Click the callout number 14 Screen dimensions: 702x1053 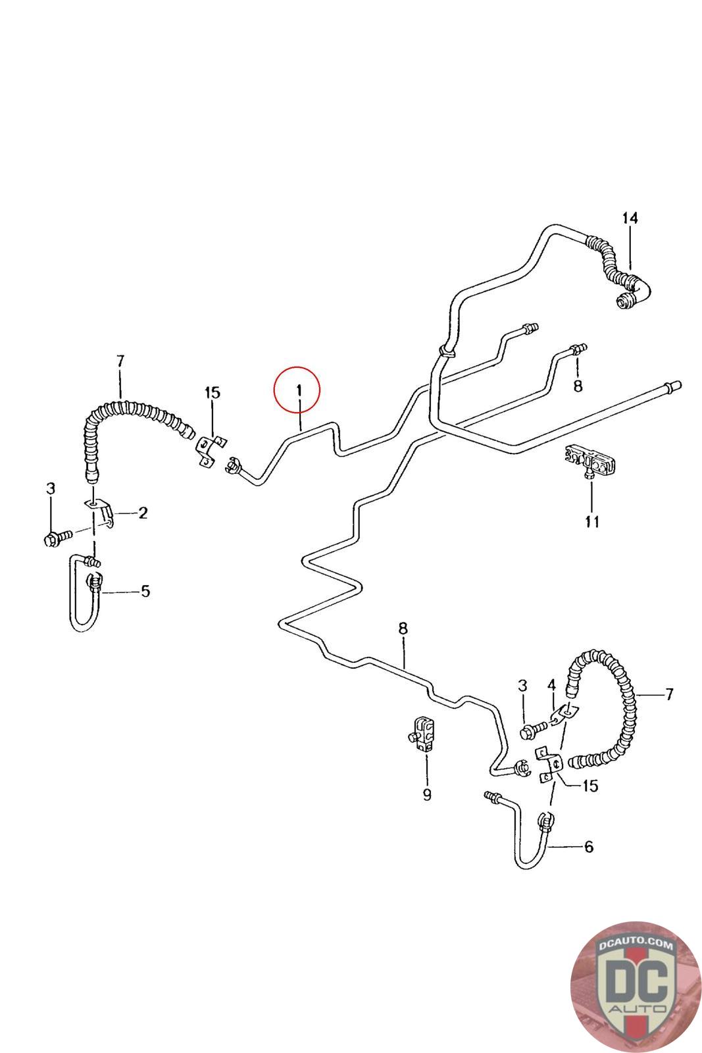tap(630, 218)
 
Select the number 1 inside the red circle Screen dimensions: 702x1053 tap(299, 390)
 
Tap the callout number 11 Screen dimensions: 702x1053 tap(591, 522)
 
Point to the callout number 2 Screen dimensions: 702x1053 tap(143, 513)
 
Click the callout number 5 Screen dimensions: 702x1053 tap(145, 592)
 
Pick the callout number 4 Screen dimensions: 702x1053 tap(551, 687)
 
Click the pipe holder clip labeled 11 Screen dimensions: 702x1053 tap(590, 461)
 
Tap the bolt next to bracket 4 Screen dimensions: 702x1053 tap(534, 730)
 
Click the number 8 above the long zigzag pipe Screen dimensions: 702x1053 tap(403, 628)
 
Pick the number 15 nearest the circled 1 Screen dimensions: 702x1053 tap(212, 392)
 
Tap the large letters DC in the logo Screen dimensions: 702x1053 tap(637, 980)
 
